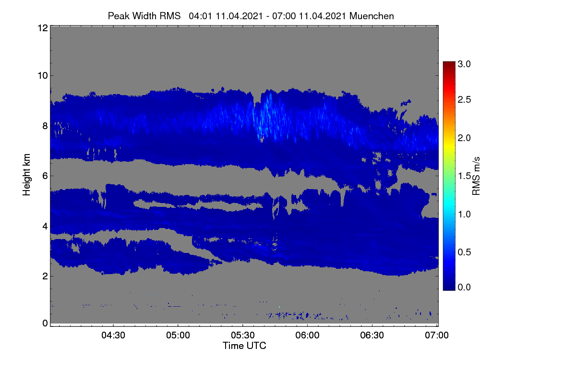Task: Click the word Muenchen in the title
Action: point(372,16)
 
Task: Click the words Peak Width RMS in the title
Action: point(144,16)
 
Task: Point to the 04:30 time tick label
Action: point(113,335)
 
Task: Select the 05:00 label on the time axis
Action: point(178,335)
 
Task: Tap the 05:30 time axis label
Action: point(243,335)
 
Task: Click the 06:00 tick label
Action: point(307,335)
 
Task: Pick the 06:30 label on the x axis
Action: point(372,335)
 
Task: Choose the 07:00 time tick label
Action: point(437,335)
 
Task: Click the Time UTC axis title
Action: point(244,346)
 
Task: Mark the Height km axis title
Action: point(26,175)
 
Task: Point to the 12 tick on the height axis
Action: point(43,28)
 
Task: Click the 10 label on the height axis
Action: point(43,76)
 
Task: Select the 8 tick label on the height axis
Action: point(45,126)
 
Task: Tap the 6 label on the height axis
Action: point(45,176)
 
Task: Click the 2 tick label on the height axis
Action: point(45,276)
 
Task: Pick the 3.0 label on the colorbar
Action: point(464,64)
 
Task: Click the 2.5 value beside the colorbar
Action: point(464,99)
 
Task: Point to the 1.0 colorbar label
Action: point(464,214)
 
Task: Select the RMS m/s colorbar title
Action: point(476,176)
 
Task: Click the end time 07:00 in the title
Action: point(284,16)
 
